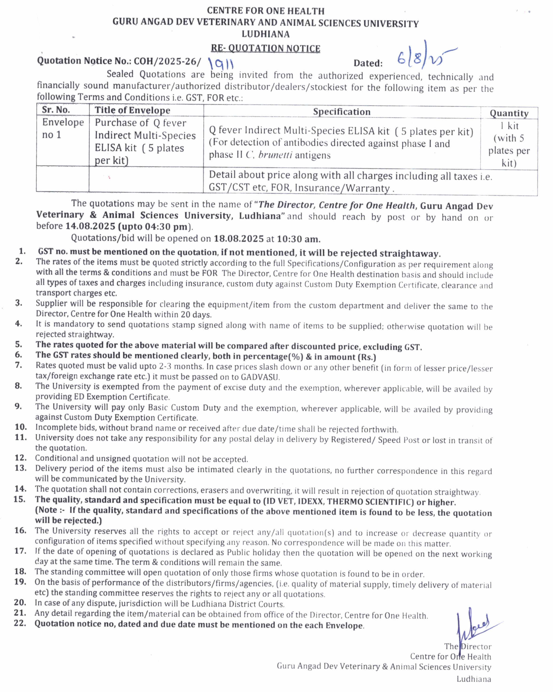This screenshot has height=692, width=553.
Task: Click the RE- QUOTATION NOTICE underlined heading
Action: (265, 48)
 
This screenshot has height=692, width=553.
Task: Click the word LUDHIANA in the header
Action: (265, 34)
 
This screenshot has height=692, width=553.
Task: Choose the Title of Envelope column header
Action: (132, 110)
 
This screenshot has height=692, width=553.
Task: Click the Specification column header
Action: (341, 112)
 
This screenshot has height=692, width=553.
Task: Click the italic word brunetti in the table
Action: (275, 155)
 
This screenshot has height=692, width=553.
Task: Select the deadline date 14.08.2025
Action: (90, 226)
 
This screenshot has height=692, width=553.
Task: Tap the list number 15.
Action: (20, 499)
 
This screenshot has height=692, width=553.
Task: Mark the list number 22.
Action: (20, 623)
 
